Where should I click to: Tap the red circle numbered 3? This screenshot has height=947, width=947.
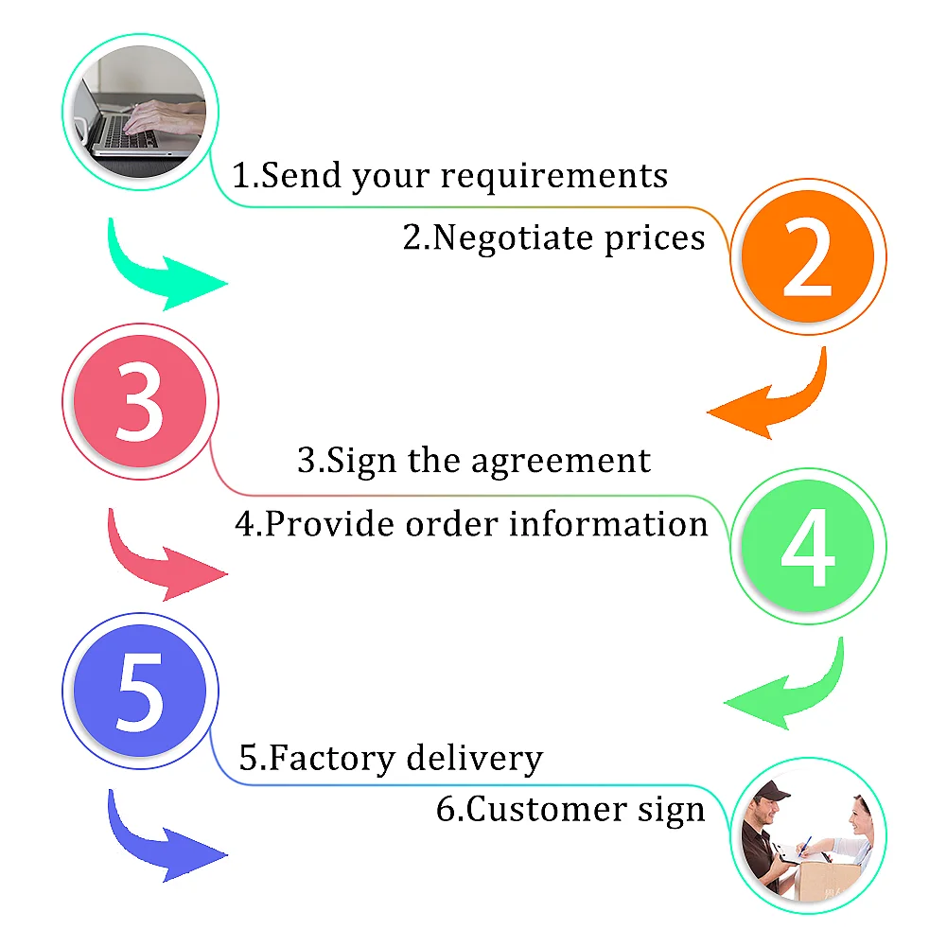tap(140, 402)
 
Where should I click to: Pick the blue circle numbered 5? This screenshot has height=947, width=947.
tap(140, 691)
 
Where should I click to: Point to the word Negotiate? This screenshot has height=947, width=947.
tap(501, 237)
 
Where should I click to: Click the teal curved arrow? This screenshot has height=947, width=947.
tap(161, 270)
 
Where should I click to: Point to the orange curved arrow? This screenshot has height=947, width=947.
tap(776, 402)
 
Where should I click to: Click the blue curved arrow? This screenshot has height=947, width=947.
tap(161, 842)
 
